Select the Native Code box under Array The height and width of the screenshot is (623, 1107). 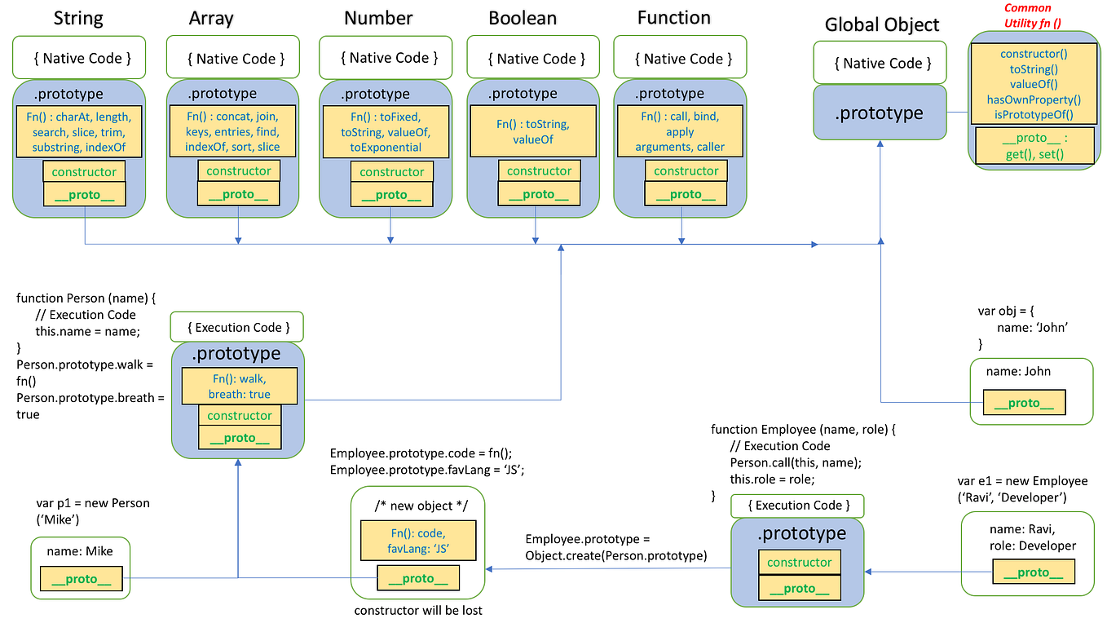pos(236,58)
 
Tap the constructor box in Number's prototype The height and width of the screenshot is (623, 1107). pos(391,171)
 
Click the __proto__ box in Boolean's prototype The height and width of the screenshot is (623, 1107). pos(539,194)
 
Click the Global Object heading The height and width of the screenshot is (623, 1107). pos(882,24)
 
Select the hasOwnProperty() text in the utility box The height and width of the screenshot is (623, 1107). pos(1033,99)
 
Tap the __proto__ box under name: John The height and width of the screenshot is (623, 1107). pos(1024,403)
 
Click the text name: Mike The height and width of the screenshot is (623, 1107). pos(80,551)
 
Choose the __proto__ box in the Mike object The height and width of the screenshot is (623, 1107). pos(82,579)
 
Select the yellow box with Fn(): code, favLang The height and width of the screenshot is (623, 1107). pos(417,540)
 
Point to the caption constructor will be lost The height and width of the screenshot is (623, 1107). pos(418,610)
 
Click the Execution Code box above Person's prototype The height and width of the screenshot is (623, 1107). pos(236,327)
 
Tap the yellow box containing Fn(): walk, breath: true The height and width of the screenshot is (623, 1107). pos(240,387)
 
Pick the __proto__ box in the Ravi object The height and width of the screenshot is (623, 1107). pos(1033,572)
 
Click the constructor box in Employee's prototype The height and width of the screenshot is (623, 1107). pos(799,562)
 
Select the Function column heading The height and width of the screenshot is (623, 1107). pos(673,18)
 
